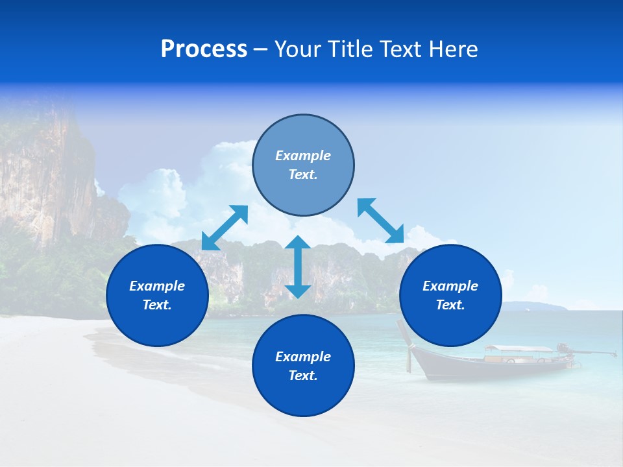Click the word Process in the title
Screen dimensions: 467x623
(x=204, y=49)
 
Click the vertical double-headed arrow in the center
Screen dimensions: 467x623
(x=298, y=267)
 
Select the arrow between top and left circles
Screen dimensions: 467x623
(x=225, y=228)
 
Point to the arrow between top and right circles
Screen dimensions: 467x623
(x=380, y=221)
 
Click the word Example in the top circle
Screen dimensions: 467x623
(x=303, y=156)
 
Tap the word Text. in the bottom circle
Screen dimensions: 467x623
(x=303, y=376)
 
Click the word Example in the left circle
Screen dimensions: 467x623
(x=157, y=286)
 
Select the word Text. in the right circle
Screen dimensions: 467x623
(x=450, y=305)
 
